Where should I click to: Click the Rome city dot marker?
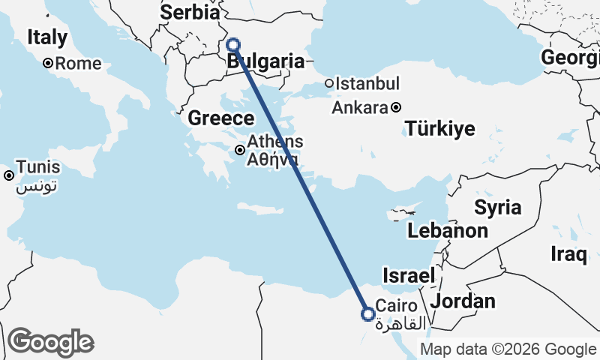point(47,64)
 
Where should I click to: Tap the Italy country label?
point(47,37)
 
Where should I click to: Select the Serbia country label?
point(190,13)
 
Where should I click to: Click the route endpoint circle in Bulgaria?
point(233,45)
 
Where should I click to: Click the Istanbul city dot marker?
point(328,83)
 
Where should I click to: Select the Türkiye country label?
point(440,129)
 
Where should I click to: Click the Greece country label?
point(220,118)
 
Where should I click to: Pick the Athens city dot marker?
point(240,150)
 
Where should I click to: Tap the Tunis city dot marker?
point(9,175)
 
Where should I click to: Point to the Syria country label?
point(496,206)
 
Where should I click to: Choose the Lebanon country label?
point(448,231)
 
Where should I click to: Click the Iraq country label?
point(568,254)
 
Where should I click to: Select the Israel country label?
point(409,276)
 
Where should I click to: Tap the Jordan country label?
point(463,301)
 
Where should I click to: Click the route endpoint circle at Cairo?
point(368,314)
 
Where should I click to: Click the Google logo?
point(50,342)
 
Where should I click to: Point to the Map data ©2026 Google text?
point(508,349)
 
